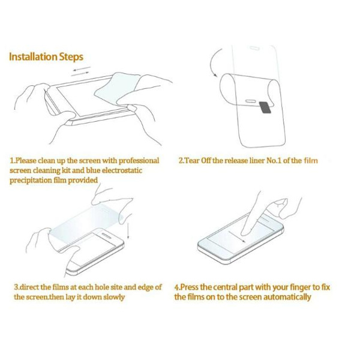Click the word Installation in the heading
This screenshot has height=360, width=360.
click(33, 56)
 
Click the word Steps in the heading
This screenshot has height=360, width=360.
click(71, 57)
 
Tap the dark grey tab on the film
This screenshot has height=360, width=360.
click(265, 107)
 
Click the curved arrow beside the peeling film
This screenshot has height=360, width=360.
click(213, 62)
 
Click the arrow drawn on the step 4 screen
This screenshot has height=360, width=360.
click(237, 236)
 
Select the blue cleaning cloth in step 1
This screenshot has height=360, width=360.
click(116, 88)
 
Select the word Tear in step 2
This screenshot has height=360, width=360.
click(192, 160)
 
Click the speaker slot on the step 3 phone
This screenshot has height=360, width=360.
click(106, 236)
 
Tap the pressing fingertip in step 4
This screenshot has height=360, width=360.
click(245, 232)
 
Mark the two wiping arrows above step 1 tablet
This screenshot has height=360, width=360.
click(81, 71)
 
